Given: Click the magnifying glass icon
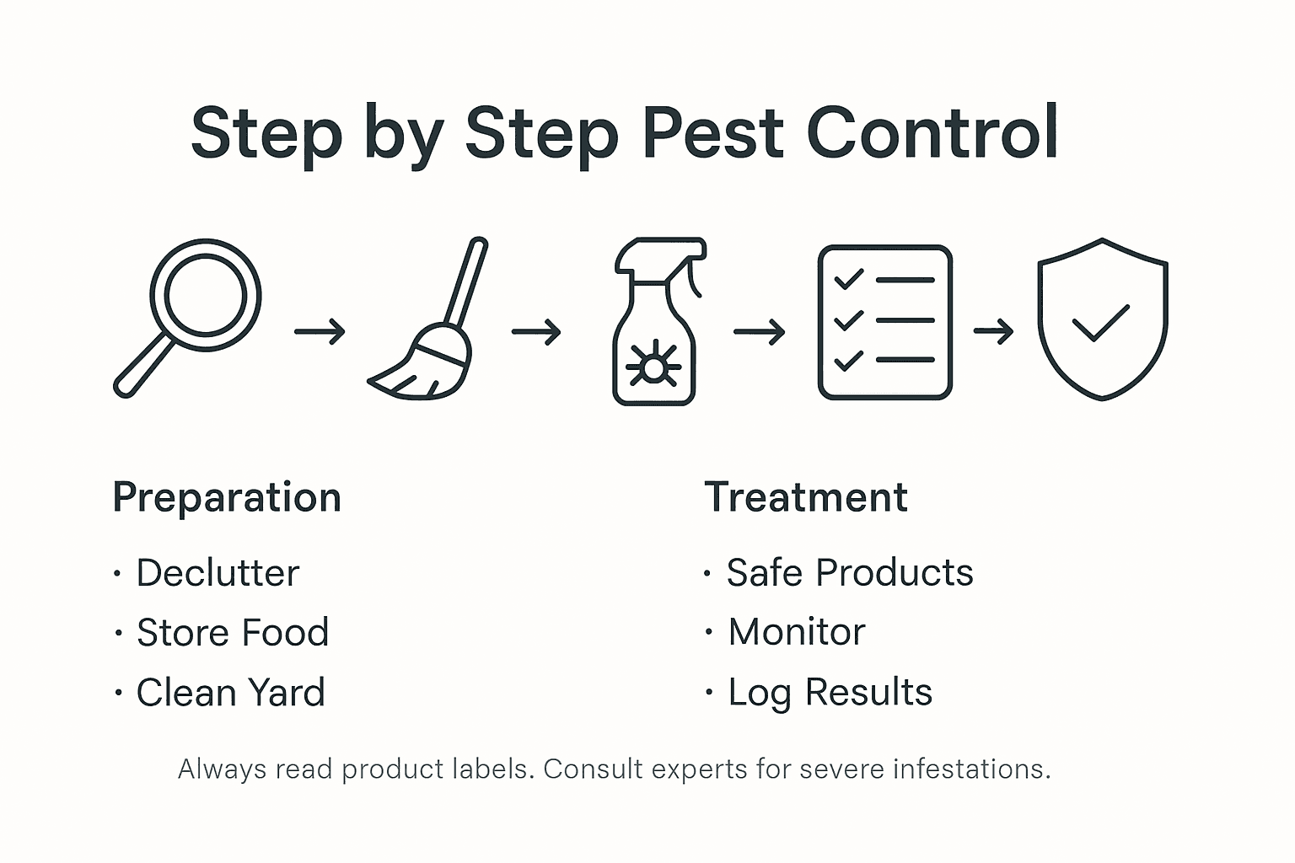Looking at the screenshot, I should (x=189, y=315).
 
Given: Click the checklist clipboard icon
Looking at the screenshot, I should (x=884, y=322).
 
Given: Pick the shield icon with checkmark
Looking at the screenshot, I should (x=1102, y=319).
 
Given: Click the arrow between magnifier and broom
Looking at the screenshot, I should (x=320, y=331).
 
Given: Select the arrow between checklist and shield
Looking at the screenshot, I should (x=993, y=331).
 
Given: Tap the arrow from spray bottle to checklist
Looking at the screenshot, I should (x=759, y=332).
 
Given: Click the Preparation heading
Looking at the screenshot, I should (x=227, y=497).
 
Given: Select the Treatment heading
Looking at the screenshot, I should (x=806, y=497).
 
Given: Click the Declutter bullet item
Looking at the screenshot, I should (x=218, y=573).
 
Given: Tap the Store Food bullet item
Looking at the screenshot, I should (x=233, y=633).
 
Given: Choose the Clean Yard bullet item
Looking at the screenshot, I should (x=230, y=693).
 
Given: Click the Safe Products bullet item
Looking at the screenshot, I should (x=850, y=573).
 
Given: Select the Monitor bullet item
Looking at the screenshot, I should (x=797, y=632).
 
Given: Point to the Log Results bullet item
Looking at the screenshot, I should (x=830, y=693).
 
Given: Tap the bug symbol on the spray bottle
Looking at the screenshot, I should (x=653, y=367).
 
